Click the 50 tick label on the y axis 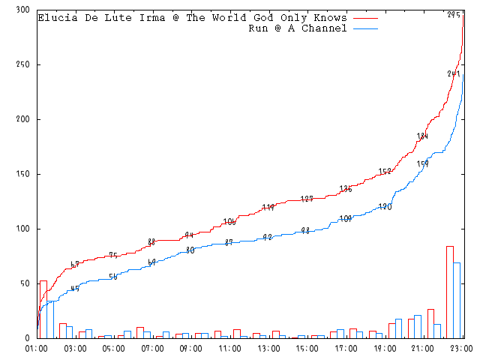tap(25, 283)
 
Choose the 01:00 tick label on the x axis tap(37, 349)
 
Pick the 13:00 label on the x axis tap(268, 349)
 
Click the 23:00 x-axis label tap(461, 349)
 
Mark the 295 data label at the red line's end tap(454, 15)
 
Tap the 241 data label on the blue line tap(454, 73)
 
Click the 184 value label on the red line tap(423, 136)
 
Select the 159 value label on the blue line tap(423, 163)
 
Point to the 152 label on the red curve tap(385, 172)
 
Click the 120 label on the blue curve tap(385, 206)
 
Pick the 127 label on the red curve tap(307, 199)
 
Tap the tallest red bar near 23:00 tap(450, 292)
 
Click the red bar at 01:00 tap(43, 309)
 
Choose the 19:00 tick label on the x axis tap(385, 349)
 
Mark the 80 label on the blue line tap(190, 250)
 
